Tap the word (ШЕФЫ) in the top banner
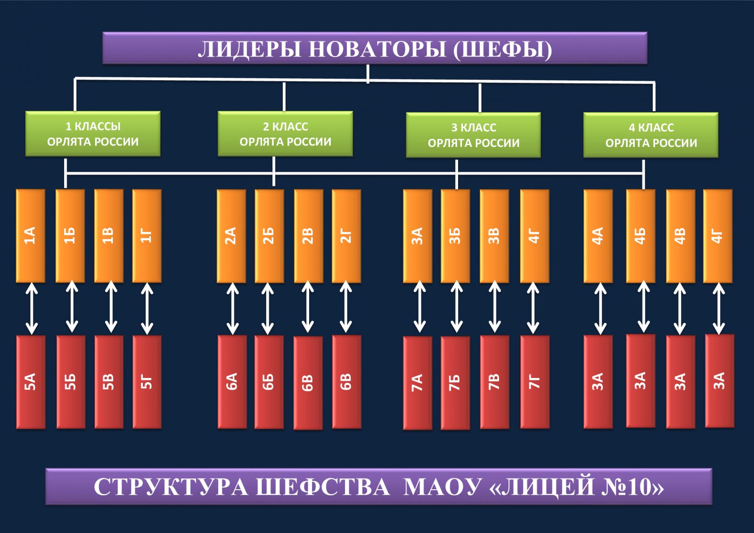pos(502,49)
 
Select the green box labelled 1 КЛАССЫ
pos(93,134)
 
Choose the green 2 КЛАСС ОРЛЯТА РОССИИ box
pos(285,134)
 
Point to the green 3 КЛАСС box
pos(473,135)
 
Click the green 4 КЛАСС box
pos(651,135)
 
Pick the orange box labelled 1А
pos(31,236)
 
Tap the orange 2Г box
pos(346,236)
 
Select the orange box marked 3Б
pos(455,236)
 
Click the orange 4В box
pos(680,236)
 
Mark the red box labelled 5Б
pos(71,382)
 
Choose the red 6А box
pos(232,382)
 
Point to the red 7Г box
pos(535,382)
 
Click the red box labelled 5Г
pos(147,382)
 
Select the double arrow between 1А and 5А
pos(32,309)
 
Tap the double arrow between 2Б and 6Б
pos(268,309)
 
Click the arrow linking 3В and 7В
pos(494,309)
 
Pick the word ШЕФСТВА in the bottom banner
pos(322,487)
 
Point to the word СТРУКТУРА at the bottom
pos(171,487)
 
